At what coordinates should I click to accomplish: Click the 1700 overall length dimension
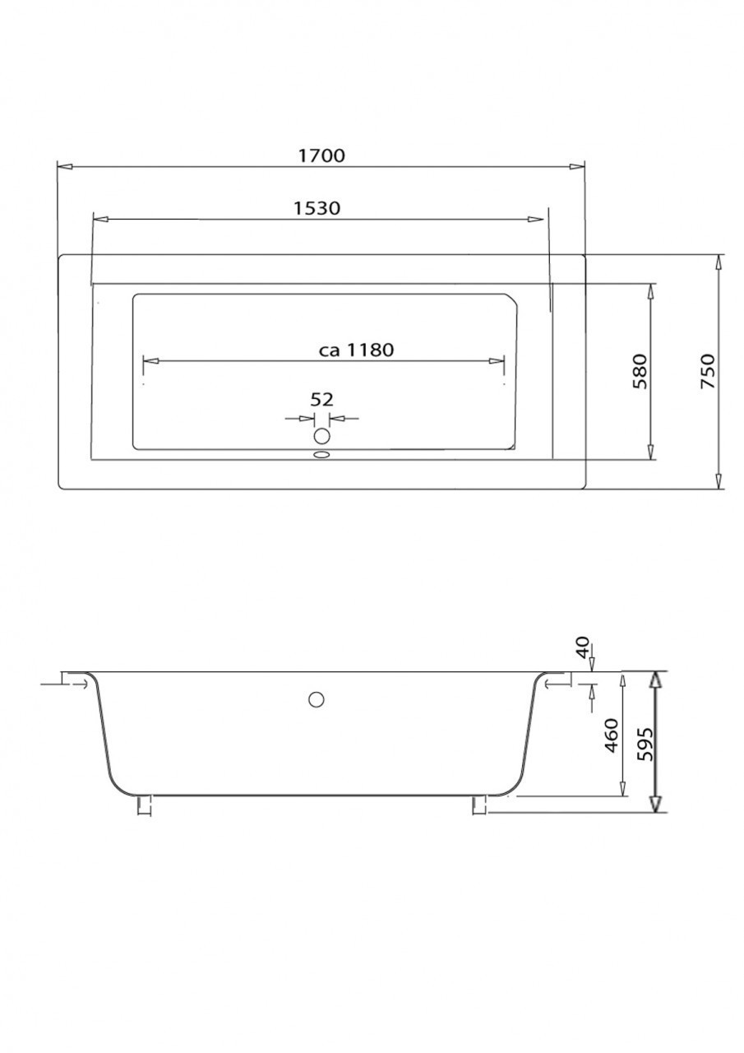[x=322, y=155]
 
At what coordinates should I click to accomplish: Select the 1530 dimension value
[x=317, y=208]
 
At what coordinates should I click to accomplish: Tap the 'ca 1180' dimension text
[x=356, y=350]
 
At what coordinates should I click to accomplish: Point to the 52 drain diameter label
[x=321, y=400]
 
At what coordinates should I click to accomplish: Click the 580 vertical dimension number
[x=640, y=371]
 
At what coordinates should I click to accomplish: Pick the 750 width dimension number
[x=707, y=371]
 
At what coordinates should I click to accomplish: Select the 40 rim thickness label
[x=582, y=647]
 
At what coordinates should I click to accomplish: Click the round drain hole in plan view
[x=322, y=435]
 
